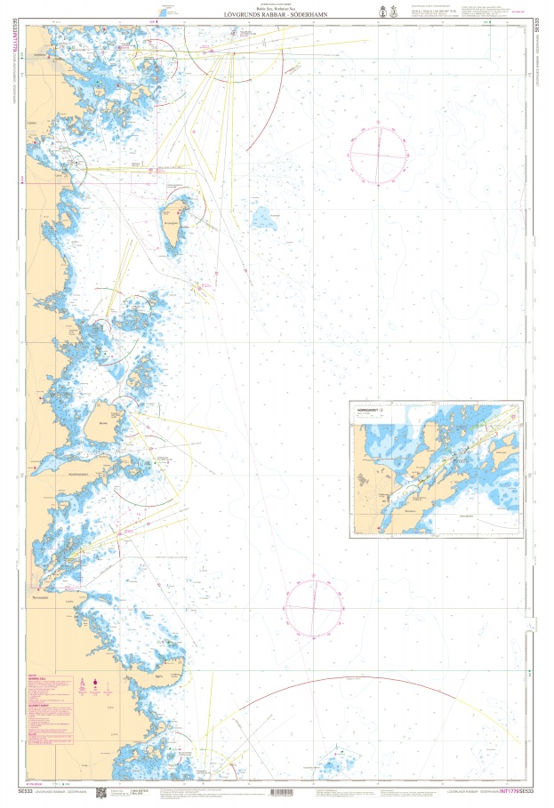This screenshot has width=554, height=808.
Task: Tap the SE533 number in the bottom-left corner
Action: coord(24,791)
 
